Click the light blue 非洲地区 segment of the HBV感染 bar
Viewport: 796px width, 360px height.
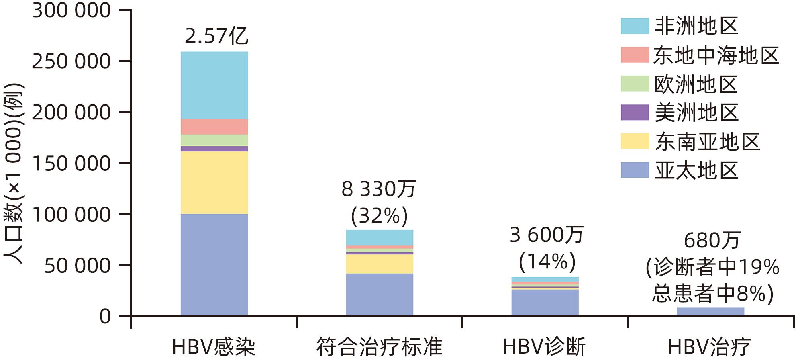[214, 85]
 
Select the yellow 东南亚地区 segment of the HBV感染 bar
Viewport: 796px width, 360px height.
[214, 182]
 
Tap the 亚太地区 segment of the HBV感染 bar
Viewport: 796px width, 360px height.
[214, 264]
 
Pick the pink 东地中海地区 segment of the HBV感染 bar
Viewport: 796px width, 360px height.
[214, 127]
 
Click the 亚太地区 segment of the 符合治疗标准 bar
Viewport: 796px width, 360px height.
[380, 294]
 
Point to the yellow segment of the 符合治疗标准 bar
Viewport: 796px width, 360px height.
[380, 264]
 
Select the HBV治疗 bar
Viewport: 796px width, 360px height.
[710, 311]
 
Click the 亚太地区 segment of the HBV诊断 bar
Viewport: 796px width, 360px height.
[545, 302]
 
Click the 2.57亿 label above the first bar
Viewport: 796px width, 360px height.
[216, 36]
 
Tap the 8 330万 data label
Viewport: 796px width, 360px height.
[379, 189]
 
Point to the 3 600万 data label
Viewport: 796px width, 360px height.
[546, 235]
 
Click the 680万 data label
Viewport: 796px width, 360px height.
[712, 241]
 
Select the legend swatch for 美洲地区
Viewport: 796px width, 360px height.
[635, 112]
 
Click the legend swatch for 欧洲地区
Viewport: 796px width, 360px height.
[635, 84]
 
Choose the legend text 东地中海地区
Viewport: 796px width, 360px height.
[716, 55]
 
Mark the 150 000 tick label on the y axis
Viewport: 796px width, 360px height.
[71, 164]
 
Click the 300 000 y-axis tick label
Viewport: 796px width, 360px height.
[71, 10]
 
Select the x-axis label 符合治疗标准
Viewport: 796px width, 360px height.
[379, 347]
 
